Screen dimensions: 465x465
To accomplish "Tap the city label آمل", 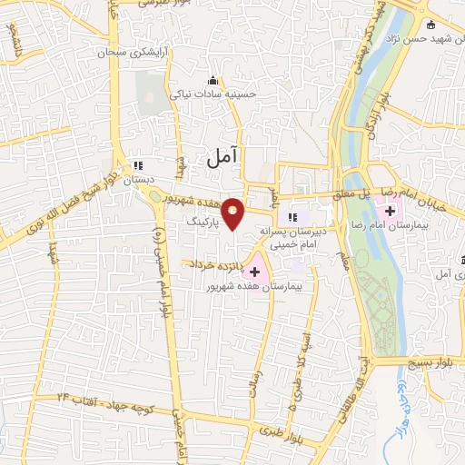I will pyautogui.click(x=221, y=158).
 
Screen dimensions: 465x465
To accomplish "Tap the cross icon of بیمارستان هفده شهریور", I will pyautogui.click(x=255, y=271).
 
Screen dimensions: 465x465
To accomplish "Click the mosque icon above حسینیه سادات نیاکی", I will pyautogui.click(x=213, y=80).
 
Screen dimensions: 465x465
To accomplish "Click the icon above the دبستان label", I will pyautogui.click(x=138, y=165).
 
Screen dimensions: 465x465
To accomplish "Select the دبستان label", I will pyautogui.click(x=139, y=180).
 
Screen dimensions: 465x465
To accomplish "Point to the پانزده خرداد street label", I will pyautogui.click(x=219, y=265).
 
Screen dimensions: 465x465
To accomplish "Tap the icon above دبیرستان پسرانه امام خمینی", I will pyautogui.click(x=292, y=216).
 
